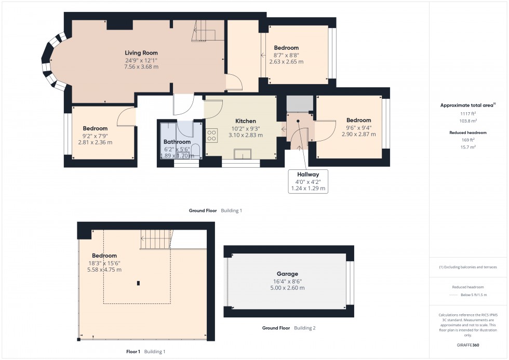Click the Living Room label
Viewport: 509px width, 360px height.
[x=141, y=53]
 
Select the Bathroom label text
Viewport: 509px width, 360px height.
[x=177, y=142]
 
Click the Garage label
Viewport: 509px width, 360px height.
[x=287, y=274]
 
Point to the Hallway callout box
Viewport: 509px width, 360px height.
[x=308, y=182]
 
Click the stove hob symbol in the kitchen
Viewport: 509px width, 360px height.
[x=212, y=136]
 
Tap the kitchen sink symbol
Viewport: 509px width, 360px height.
[x=243, y=154]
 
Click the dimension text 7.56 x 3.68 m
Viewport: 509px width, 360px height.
[x=141, y=66]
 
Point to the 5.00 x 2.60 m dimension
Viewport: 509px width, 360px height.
[x=287, y=288]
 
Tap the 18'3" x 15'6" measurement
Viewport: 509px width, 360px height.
[x=104, y=263]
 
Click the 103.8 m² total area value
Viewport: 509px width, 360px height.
[x=468, y=120]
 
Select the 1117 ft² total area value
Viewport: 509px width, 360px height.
[x=468, y=113]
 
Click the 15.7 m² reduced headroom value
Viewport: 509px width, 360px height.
[x=468, y=147]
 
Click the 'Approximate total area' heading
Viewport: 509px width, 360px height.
[x=466, y=105]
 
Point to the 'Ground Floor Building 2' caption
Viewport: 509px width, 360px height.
[x=288, y=328]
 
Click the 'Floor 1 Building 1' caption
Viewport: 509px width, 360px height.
[x=145, y=352]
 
